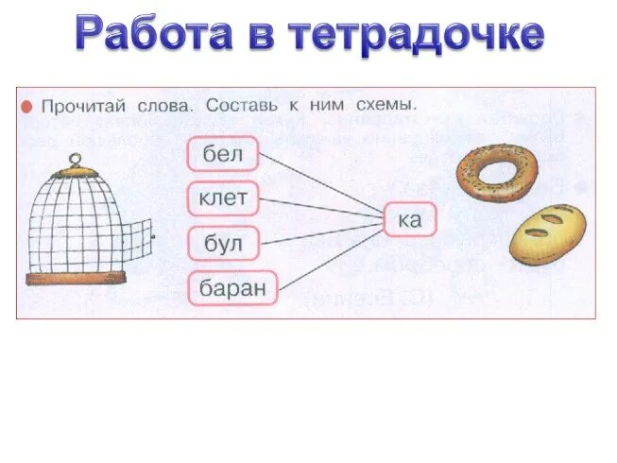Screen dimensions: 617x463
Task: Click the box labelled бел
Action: coord(223,154)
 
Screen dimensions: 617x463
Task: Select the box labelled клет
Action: coord(222,197)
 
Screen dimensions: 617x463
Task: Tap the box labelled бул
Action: coord(223,244)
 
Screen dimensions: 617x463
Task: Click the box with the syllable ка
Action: coord(410,220)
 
